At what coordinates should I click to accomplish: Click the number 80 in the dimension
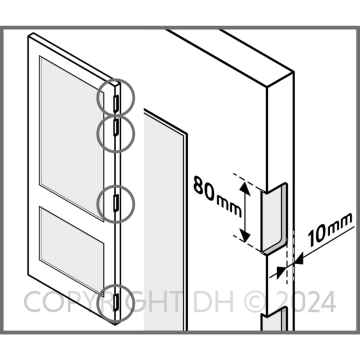click(204, 189)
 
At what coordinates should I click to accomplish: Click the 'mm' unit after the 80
click(229, 205)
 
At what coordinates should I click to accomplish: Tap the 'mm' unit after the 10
click(340, 222)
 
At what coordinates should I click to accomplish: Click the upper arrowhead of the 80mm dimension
click(245, 188)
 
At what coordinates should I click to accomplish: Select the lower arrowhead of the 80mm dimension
click(245, 235)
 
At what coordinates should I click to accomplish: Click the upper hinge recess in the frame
click(274, 217)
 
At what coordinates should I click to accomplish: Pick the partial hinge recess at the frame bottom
click(274, 319)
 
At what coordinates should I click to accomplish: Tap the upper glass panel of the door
click(72, 138)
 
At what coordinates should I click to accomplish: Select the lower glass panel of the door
click(72, 251)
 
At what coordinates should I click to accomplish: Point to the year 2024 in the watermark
click(306, 301)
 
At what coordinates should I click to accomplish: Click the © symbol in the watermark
click(256, 301)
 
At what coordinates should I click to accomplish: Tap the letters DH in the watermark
click(213, 301)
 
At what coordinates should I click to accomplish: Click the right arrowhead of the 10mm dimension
click(298, 259)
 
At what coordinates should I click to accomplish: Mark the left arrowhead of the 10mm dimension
click(282, 269)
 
